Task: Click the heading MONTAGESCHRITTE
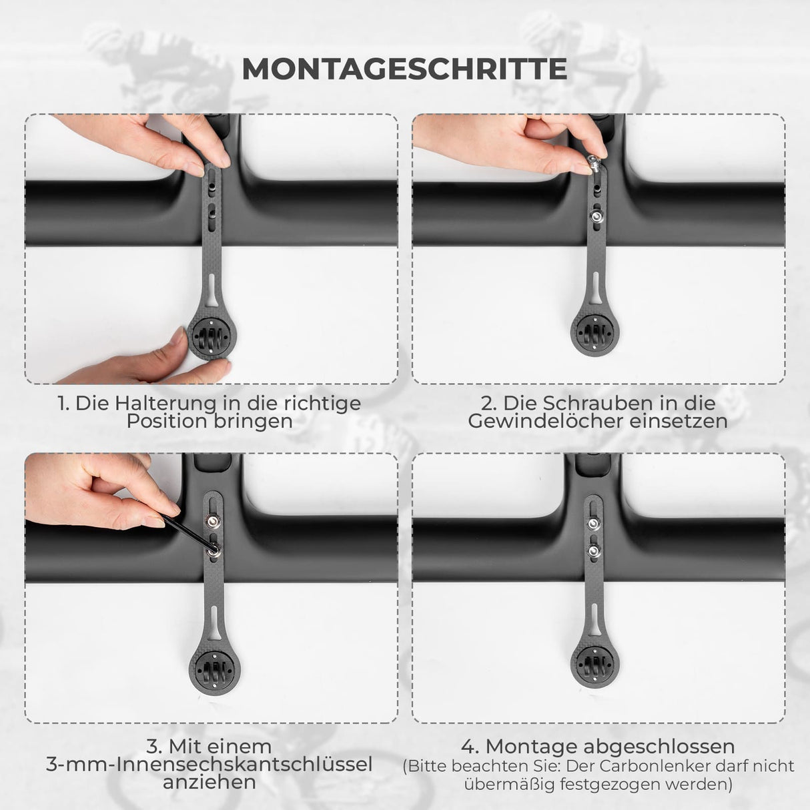coord(405,69)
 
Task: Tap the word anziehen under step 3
coord(210,782)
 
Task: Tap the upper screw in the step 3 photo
coord(212,522)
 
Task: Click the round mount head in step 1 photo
coord(211,336)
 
